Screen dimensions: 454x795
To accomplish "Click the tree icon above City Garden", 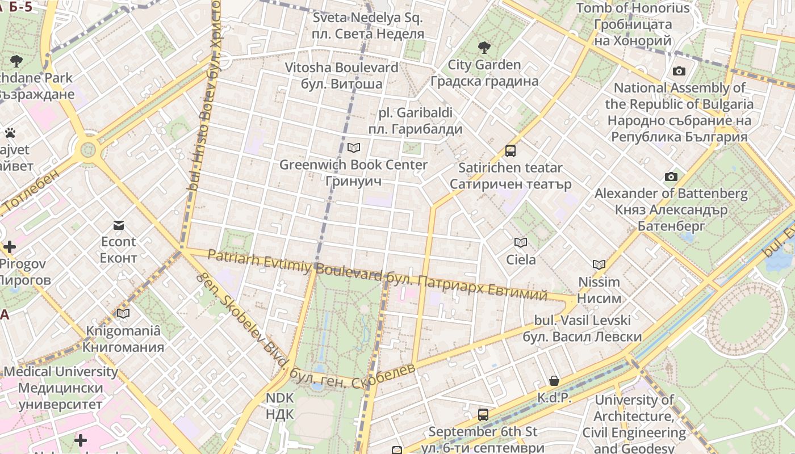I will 484,47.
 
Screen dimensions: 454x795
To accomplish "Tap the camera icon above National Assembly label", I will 679,71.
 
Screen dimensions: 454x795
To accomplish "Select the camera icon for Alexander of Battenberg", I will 671,176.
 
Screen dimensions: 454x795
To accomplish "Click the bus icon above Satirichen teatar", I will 511,151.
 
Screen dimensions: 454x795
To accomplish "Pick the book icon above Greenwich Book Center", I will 354,148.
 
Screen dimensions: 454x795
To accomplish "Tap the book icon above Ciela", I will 521,243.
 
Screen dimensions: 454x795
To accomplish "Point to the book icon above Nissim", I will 599,264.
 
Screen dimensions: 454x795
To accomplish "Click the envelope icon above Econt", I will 119,225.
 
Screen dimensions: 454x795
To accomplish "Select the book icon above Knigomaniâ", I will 123,313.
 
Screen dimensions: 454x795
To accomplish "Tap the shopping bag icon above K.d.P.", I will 554,381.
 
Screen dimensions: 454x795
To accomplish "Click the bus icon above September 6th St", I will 483,415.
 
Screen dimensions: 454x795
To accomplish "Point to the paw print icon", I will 10,133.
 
